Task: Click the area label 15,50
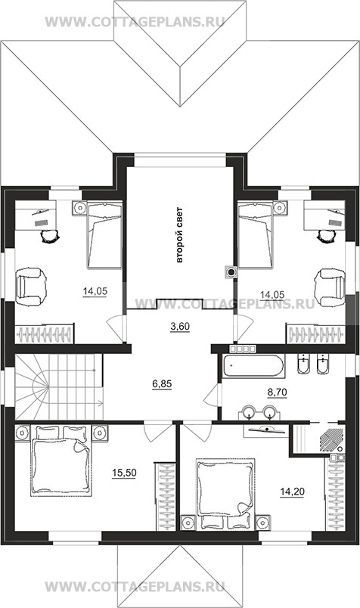[x=124, y=473]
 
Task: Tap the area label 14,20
[x=292, y=492]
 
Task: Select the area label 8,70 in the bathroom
[x=277, y=392]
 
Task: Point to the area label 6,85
[x=162, y=384]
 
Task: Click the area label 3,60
[x=180, y=327]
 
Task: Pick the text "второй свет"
[x=179, y=235]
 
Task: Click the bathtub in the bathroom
[x=253, y=365]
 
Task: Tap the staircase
[x=59, y=387]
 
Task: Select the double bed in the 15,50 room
[x=61, y=461]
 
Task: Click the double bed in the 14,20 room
[x=226, y=494]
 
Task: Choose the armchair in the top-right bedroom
[x=331, y=287]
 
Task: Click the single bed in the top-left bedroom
[x=104, y=235]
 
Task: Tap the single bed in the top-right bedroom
[x=256, y=235]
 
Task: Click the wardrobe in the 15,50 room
[x=166, y=496]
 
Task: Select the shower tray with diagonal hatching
[x=331, y=439]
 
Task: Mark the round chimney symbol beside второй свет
[x=231, y=272]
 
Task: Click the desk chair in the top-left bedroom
[x=50, y=236]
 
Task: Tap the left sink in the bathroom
[x=247, y=412]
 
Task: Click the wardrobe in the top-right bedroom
[x=315, y=333]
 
